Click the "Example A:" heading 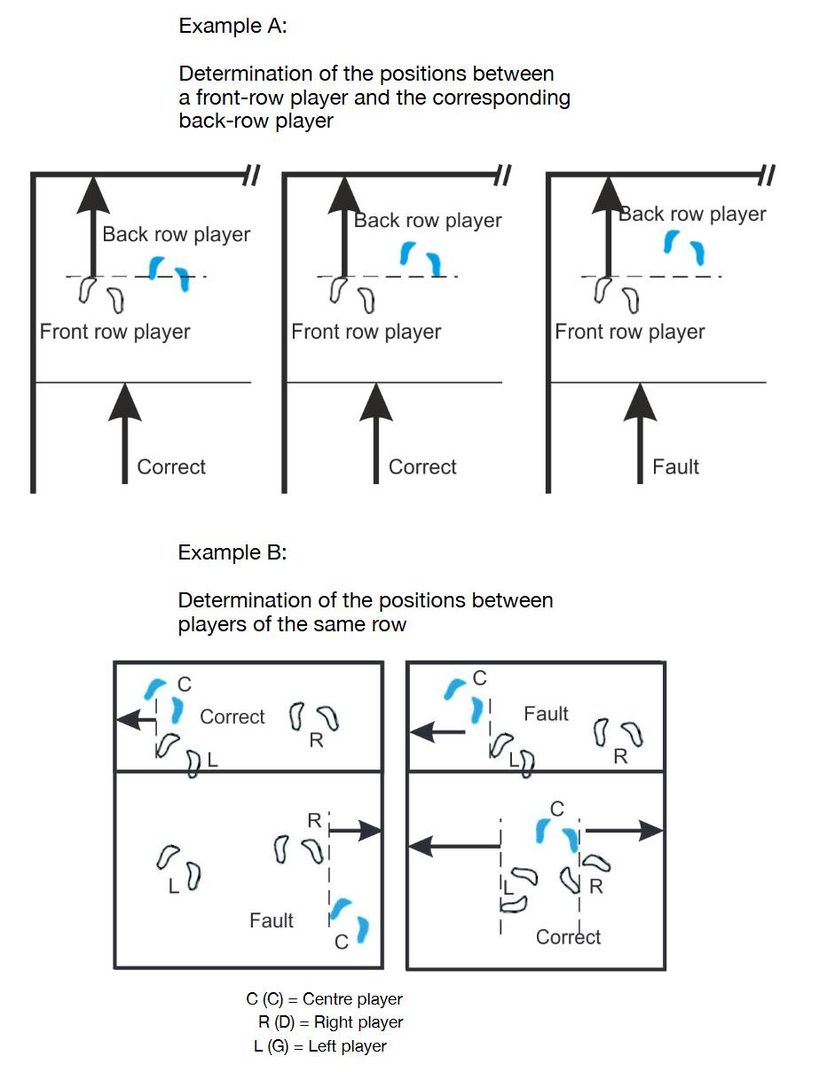click(232, 26)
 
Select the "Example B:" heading click(232, 552)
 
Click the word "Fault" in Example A click(675, 466)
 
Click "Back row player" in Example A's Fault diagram click(692, 214)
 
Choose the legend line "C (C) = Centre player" click(324, 999)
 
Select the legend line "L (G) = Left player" click(320, 1046)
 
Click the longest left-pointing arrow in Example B click(454, 847)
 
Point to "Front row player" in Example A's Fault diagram click(629, 333)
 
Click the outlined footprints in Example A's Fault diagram click(617, 294)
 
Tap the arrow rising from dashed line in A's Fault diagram click(608, 226)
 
